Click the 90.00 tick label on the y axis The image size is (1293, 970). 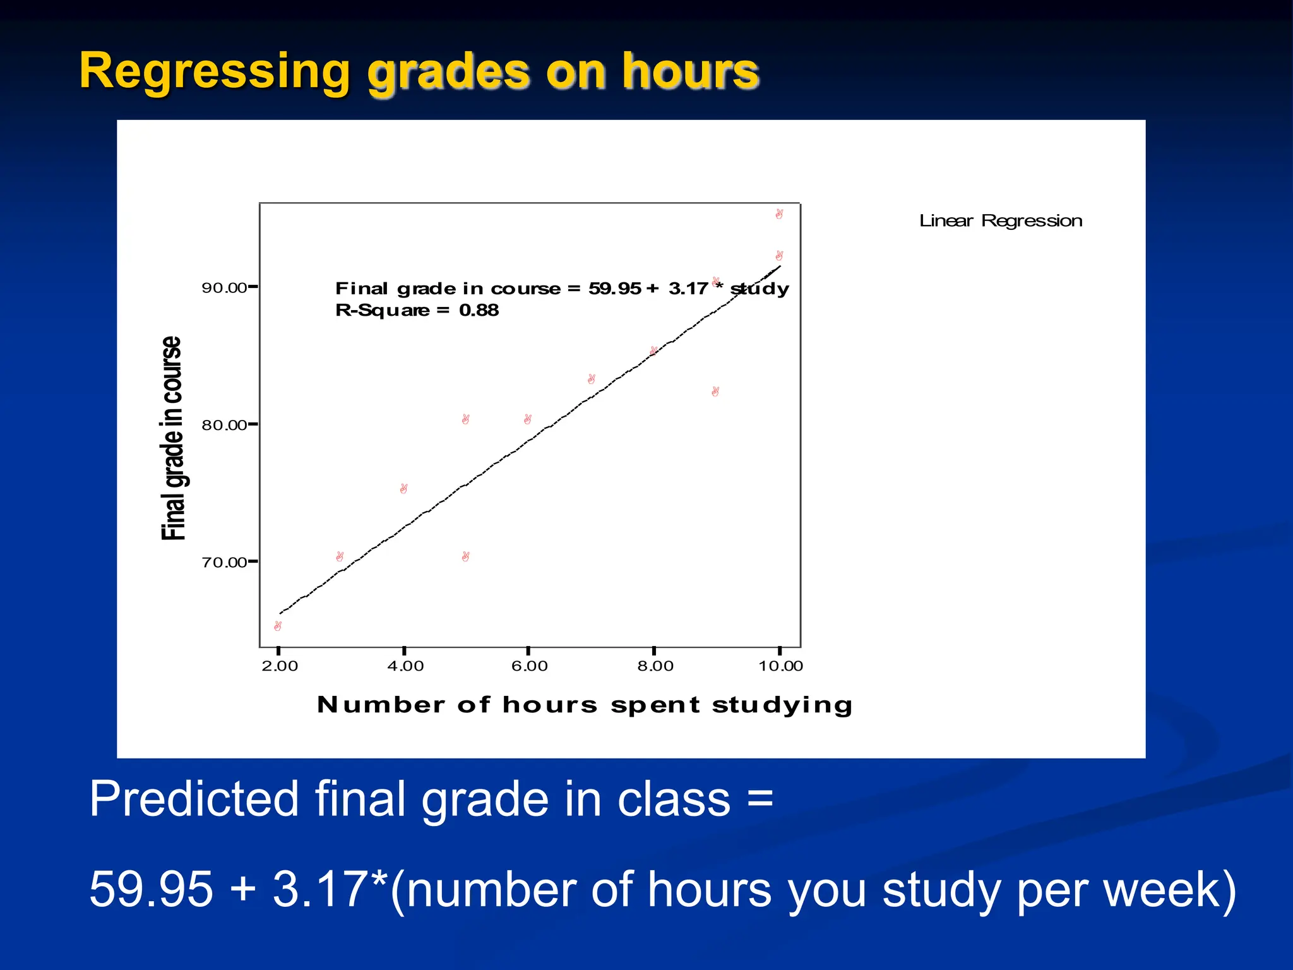[223, 288]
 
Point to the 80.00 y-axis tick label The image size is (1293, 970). [223, 425]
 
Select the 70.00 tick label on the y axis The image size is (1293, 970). [223, 563]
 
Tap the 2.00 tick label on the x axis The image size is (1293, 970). [280, 666]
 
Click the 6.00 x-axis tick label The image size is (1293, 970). [529, 666]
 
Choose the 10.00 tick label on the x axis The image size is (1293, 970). [780, 666]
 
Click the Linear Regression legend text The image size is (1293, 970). [1001, 221]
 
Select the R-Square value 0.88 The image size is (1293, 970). [479, 310]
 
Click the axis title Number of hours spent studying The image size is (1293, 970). [585, 705]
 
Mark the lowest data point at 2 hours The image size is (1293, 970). [278, 626]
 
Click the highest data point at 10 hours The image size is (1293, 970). [779, 214]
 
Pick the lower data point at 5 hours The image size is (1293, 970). [465, 556]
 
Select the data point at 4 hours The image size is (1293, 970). [403, 489]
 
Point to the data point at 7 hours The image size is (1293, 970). [591, 379]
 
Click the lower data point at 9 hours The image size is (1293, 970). [715, 392]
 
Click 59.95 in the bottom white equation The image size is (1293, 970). [151, 889]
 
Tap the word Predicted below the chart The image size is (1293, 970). [193, 799]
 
